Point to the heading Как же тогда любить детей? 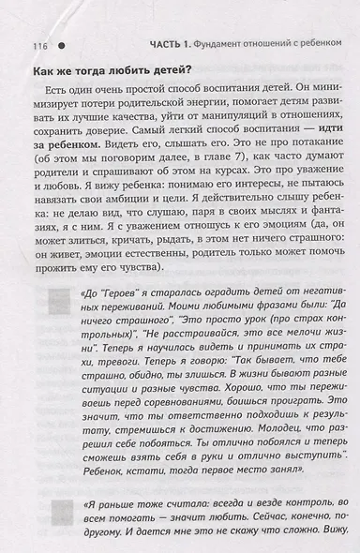[112, 75]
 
